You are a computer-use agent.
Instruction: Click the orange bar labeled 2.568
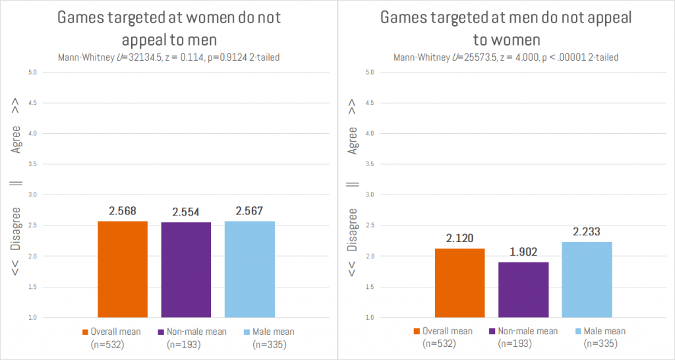pyautogui.click(x=123, y=269)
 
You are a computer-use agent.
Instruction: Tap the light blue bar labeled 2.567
pyautogui.click(x=249, y=269)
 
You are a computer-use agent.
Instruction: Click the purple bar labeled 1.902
pyautogui.click(x=523, y=289)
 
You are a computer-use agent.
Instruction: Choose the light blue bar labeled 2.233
pyautogui.click(x=587, y=280)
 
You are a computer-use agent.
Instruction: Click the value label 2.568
pyautogui.click(x=123, y=210)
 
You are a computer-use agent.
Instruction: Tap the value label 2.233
pyautogui.click(x=587, y=231)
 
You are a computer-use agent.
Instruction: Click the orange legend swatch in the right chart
pyautogui.click(x=417, y=332)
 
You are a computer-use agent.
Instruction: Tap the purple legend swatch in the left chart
pyautogui.click(x=162, y=332)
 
